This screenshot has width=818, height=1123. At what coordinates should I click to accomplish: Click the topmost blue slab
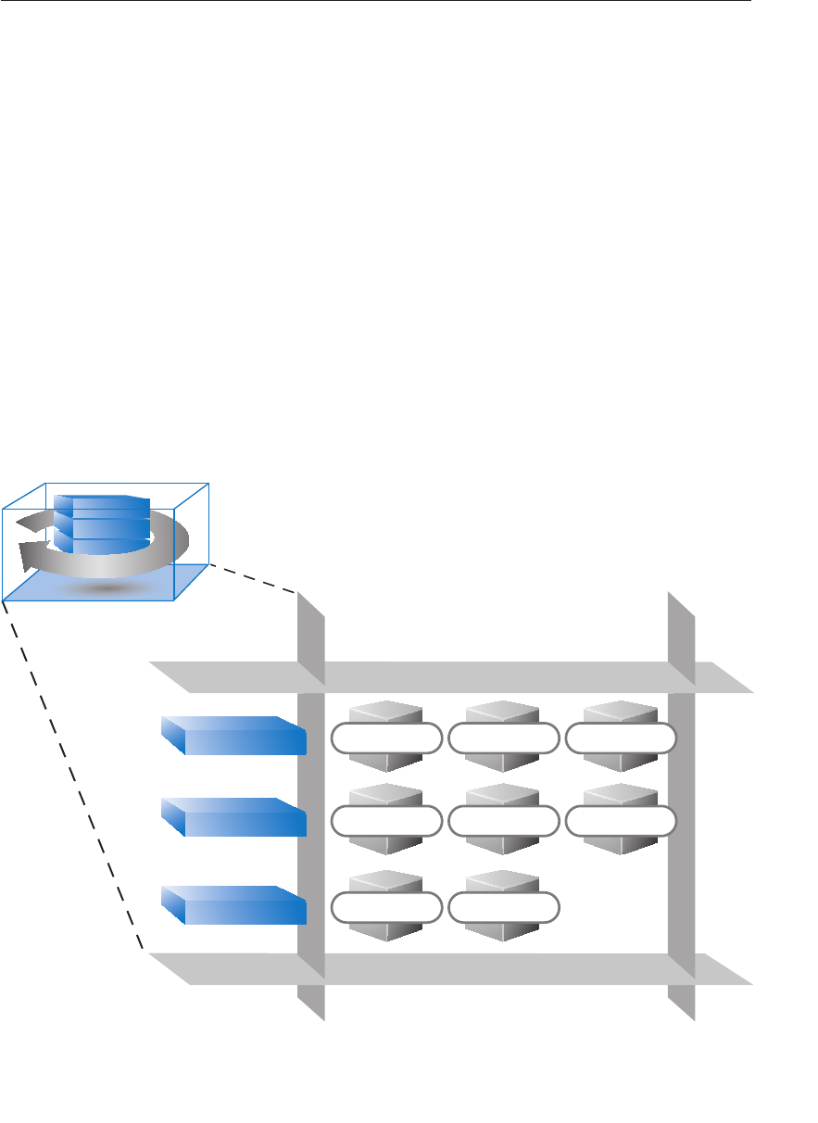pos(234,737)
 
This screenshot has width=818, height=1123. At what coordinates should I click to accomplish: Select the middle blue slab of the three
pos(234,818)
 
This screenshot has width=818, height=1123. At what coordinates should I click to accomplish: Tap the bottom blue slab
pos(234,905)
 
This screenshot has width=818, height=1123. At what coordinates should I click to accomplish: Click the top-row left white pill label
pos(385,738)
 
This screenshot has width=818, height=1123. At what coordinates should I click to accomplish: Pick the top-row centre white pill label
pos(503,738)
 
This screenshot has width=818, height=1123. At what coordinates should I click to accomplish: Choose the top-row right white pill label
pos(621,738)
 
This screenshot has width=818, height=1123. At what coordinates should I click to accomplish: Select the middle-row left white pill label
pos(385,822)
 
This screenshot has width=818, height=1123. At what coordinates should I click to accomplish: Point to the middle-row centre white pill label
pos(503,822)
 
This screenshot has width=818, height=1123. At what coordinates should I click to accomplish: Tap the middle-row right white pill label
pos(621,822)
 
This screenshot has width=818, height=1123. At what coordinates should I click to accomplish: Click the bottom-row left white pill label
pos(385,907)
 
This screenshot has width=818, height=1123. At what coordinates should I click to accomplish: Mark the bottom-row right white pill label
pos(503,907)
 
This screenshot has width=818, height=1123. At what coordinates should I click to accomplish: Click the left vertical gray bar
pos(311,834)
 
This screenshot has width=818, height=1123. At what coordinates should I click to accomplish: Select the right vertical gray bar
pos(682,834)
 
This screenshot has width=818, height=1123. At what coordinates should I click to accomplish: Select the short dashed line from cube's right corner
pos(252,578)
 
